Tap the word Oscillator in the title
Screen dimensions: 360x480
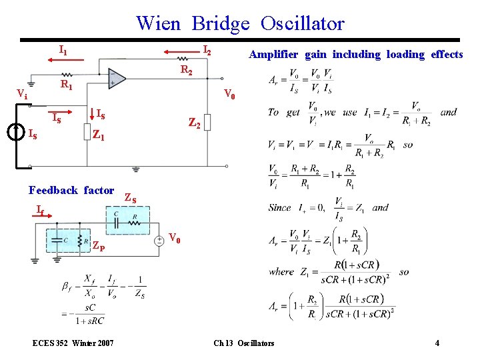303,24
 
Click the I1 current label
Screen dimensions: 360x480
63,49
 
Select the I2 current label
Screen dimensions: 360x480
207,49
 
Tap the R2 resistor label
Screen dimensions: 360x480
187,69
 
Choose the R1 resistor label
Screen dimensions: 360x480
66,85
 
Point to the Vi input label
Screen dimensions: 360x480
22,94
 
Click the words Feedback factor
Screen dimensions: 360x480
71,190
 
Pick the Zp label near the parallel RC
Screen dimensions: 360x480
97,245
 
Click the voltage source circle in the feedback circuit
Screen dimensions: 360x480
159,241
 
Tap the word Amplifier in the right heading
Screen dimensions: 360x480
275,54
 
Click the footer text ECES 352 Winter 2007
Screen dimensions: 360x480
73,343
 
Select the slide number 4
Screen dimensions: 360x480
437,343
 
